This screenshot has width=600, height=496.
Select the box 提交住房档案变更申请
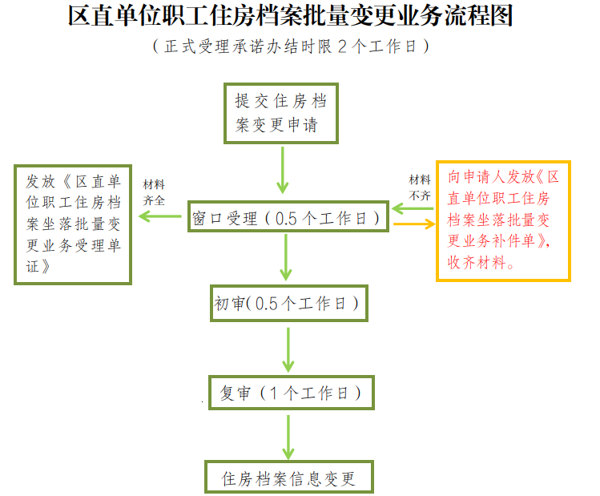coord(280,113)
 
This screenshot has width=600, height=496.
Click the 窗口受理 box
coord(289,217)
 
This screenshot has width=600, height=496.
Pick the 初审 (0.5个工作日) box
coord(289,304)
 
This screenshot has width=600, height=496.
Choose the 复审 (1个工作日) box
coord(291,393)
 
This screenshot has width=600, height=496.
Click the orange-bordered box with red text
coord(503,220)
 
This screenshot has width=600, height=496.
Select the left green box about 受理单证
coord(73,224)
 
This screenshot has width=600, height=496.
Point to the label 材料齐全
coord(154,193)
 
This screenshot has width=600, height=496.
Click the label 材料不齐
coord(421,187)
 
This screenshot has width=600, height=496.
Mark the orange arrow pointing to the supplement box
coord(414,225)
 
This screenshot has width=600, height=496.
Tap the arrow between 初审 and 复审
coord(288,348)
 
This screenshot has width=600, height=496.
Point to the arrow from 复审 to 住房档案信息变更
coord(288,436)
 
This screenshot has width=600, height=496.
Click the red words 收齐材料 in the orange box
coord(480,262)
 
